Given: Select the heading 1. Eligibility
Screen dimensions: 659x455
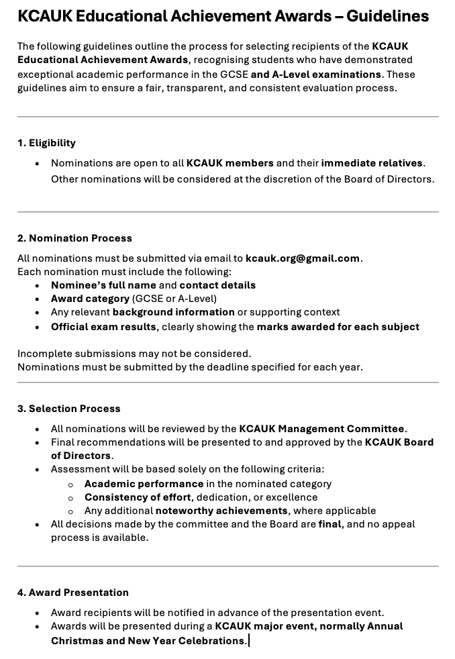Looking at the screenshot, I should point(46,143).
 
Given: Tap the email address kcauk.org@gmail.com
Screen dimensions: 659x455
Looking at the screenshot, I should point(303,258).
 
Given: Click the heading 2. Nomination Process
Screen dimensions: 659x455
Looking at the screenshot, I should point(74,238).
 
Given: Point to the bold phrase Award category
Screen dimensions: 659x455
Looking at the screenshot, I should point(90,299).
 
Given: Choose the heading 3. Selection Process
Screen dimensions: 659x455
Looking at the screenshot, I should point(68,409).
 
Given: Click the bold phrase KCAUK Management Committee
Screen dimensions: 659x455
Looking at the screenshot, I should point(321,429).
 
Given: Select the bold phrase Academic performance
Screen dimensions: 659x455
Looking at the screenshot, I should point(144,484).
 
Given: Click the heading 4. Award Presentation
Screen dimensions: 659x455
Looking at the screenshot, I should point(72,593).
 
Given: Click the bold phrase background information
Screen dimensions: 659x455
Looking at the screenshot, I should point(173,312).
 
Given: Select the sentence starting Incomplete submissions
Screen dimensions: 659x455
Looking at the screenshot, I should point(134,354).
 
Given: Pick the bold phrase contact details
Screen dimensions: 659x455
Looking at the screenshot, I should point(217,285).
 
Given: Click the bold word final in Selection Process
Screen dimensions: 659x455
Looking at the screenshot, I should point(330,524).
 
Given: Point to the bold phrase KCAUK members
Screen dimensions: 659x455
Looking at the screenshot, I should point(230,163).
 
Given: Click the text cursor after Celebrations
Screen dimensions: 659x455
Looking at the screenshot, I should point(249,641).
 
